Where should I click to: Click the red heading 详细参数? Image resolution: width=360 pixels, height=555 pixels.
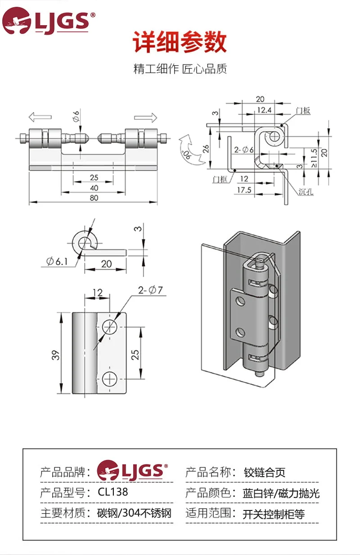tap(180, 41)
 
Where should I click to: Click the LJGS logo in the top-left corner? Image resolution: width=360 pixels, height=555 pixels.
tap(49, 21)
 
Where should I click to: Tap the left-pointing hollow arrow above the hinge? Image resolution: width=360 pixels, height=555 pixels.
tap(40, 117)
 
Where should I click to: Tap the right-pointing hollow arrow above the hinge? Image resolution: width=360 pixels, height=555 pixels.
tap(146, 117)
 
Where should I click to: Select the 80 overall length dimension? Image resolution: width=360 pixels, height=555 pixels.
tap(94, 198)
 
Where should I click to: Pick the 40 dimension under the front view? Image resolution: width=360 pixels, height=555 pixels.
tap(94, 188)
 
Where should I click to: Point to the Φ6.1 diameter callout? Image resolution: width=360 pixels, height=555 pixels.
tap(57, 262)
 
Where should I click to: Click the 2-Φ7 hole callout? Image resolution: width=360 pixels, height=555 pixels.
tap(150, 290)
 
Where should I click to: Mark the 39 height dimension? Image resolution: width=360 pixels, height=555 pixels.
tap(56, 355)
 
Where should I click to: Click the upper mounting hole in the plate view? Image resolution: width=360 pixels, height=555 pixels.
tap(110, 327)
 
